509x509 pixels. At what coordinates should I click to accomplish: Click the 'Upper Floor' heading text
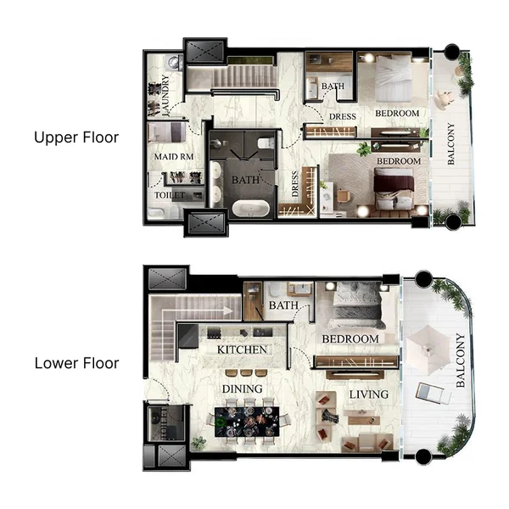(x=76, y=137)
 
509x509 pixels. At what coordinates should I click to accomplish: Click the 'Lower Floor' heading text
(x=76, y=363)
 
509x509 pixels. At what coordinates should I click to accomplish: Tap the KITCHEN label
(x=243, y=350)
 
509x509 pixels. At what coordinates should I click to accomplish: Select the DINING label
(x=242, y=389)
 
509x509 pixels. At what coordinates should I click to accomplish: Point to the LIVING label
(x=368, y=394)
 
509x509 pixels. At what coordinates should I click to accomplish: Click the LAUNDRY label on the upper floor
(x=165, y=94)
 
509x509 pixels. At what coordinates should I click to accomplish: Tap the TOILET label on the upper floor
(x=170, y=195)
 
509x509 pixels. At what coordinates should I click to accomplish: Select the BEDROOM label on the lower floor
(x=350, y=339)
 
